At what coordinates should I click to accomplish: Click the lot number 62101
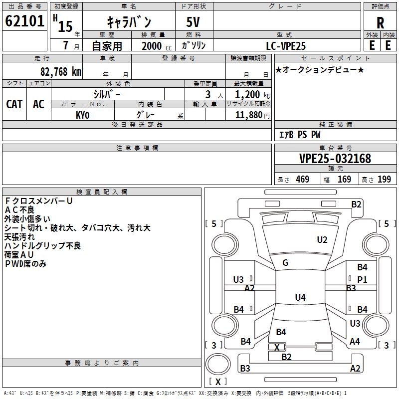[24, 21]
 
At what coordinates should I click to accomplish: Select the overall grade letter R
[380, 22]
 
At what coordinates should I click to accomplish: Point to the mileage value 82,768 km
[60, 72]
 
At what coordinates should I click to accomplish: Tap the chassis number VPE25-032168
[335, 159]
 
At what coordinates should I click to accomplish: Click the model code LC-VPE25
[286, 45]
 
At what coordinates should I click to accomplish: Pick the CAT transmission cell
[14, 104]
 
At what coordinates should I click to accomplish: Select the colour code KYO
[83, 115]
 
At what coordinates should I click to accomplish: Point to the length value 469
[302, 179]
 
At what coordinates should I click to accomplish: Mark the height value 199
[384, 179]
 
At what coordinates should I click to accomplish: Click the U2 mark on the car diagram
[322, 240]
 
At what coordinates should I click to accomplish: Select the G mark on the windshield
[285, 263]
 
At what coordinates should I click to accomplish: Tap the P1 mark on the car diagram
[362, 280]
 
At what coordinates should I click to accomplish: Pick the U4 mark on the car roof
[300, 298]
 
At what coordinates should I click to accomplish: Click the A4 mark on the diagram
[355, 342]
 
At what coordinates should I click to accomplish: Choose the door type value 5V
[194, 22]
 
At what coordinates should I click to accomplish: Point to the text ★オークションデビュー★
[320, 69]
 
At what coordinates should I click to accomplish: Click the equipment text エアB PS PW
[299, 135]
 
